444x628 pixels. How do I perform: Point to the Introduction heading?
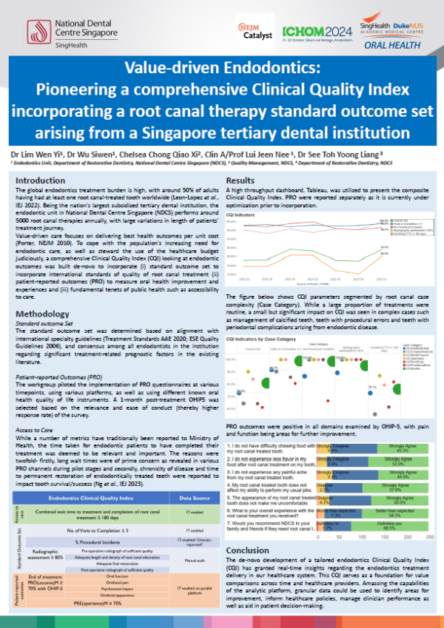42,180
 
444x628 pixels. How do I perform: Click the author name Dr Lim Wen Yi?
37,154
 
